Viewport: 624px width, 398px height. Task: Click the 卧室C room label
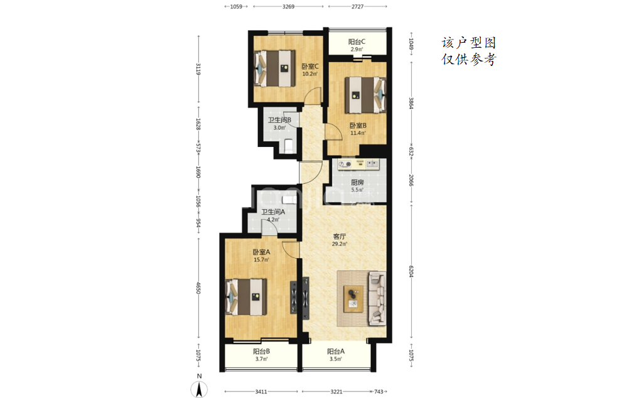310,67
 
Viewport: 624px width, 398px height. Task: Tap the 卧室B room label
358,126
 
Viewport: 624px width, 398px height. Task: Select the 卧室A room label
261,252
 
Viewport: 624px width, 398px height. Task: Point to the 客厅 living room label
340,237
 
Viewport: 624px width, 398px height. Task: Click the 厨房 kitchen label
357,182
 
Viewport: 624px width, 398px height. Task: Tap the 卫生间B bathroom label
279,120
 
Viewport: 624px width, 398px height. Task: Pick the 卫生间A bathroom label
273,212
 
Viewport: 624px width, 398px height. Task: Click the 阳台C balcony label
357,42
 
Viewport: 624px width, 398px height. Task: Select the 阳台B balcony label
261,352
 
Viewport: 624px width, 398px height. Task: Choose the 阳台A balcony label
336,352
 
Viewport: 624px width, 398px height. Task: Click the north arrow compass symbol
200,389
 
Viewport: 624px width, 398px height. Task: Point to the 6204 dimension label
411,271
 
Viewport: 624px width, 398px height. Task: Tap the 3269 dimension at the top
288,6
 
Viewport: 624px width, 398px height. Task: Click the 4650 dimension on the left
198,288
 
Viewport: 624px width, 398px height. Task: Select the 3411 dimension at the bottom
261,392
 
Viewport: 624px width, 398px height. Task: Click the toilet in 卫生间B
289,145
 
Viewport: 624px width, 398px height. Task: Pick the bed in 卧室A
246,297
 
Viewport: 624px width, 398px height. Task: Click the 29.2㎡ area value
340,244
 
